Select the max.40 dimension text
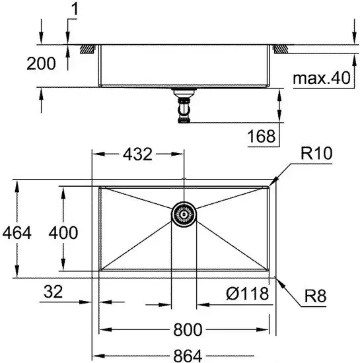tap(320, 79)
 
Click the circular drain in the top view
tap(184, 214)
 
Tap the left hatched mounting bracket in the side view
tap(87, 48)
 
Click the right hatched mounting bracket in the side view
tap(282, 48)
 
